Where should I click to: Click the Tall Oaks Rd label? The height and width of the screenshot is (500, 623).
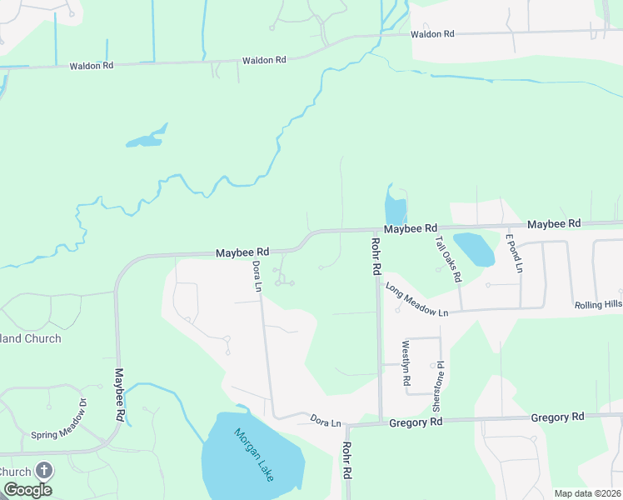coord(447,259)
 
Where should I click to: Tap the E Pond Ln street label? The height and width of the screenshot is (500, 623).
coord(513,253)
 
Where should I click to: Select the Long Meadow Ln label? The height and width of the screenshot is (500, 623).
coord(416,299)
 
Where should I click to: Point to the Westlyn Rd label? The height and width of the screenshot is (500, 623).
coord(406,362)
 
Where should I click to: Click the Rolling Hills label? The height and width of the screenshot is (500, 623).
coord(598,305)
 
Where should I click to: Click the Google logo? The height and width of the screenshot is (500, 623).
coord(27,490)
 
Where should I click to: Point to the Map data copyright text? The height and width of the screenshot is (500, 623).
coord(586,493)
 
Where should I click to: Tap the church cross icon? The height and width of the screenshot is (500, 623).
coord(43,471)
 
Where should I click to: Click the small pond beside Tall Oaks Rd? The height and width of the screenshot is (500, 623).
coord(472,248)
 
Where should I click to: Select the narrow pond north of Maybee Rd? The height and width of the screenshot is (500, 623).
coord(395,209)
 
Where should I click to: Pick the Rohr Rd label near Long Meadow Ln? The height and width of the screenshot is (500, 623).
coord(375,257)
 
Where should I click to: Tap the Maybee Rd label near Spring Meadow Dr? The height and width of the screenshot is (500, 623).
coord(119,393)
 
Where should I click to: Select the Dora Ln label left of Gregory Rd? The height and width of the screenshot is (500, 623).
coord(326,422)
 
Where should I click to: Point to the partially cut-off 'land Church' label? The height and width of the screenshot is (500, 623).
coord(31,338)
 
